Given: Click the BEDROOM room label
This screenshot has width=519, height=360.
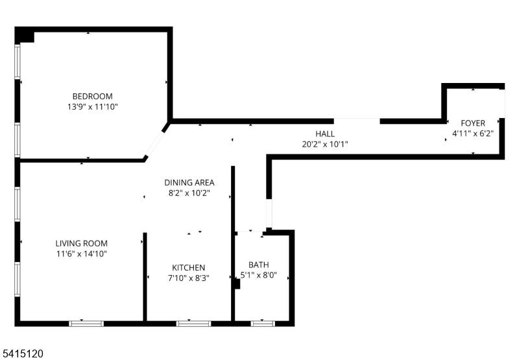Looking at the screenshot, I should (92, 96).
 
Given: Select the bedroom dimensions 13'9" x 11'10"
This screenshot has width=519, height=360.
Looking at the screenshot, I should (92, 106).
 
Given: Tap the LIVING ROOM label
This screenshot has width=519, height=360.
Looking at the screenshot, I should (81, 243).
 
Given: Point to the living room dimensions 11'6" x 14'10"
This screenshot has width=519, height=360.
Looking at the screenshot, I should (81, 254).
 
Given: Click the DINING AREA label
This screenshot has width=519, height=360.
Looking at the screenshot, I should (189, 182).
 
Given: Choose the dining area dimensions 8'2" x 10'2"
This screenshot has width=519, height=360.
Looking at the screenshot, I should (189, 193).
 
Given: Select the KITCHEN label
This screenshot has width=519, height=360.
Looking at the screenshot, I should (189, 267).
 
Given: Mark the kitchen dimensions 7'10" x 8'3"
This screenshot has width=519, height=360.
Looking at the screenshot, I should (189, 278).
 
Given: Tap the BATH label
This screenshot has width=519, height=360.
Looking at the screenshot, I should (259, 264).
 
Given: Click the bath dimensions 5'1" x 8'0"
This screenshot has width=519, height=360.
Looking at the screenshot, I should (259, 274).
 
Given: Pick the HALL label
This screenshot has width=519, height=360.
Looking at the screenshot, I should (325, 134).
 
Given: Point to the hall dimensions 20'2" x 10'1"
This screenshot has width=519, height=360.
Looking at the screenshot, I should (325, 144).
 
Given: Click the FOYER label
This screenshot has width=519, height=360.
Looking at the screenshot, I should (473, 123).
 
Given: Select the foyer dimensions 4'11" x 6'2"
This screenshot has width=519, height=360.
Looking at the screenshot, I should (473, 133).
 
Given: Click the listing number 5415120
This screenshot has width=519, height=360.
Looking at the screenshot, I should (23, 354).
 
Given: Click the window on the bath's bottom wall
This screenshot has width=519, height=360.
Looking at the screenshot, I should (262, 322).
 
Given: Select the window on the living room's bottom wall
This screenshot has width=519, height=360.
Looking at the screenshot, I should (86, 322).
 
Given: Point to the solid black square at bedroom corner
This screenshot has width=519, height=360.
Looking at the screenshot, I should (25, 35).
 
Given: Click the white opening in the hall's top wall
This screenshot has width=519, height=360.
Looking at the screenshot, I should (357, 121).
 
